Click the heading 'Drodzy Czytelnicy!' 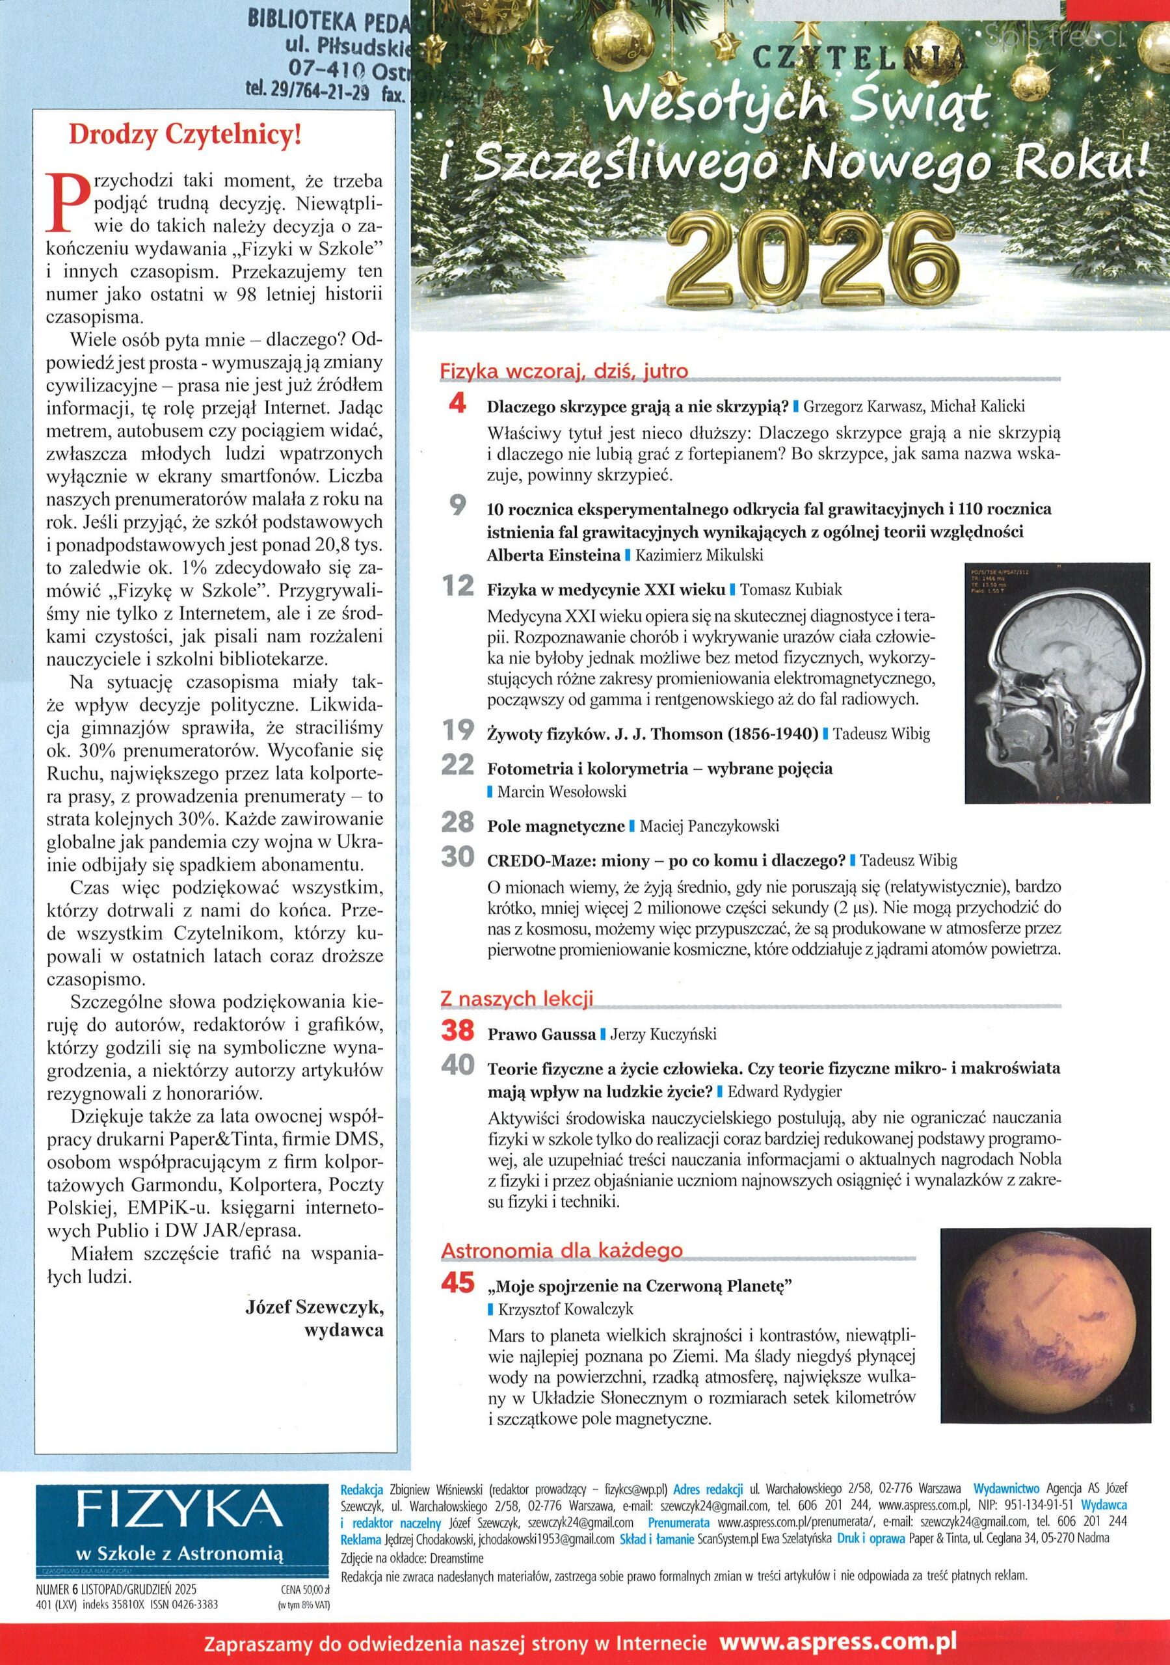[183, 136]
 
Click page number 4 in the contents [458, 405]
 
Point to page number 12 [458, 586]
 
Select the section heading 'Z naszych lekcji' [517, 998]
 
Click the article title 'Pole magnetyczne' [555, 826]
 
